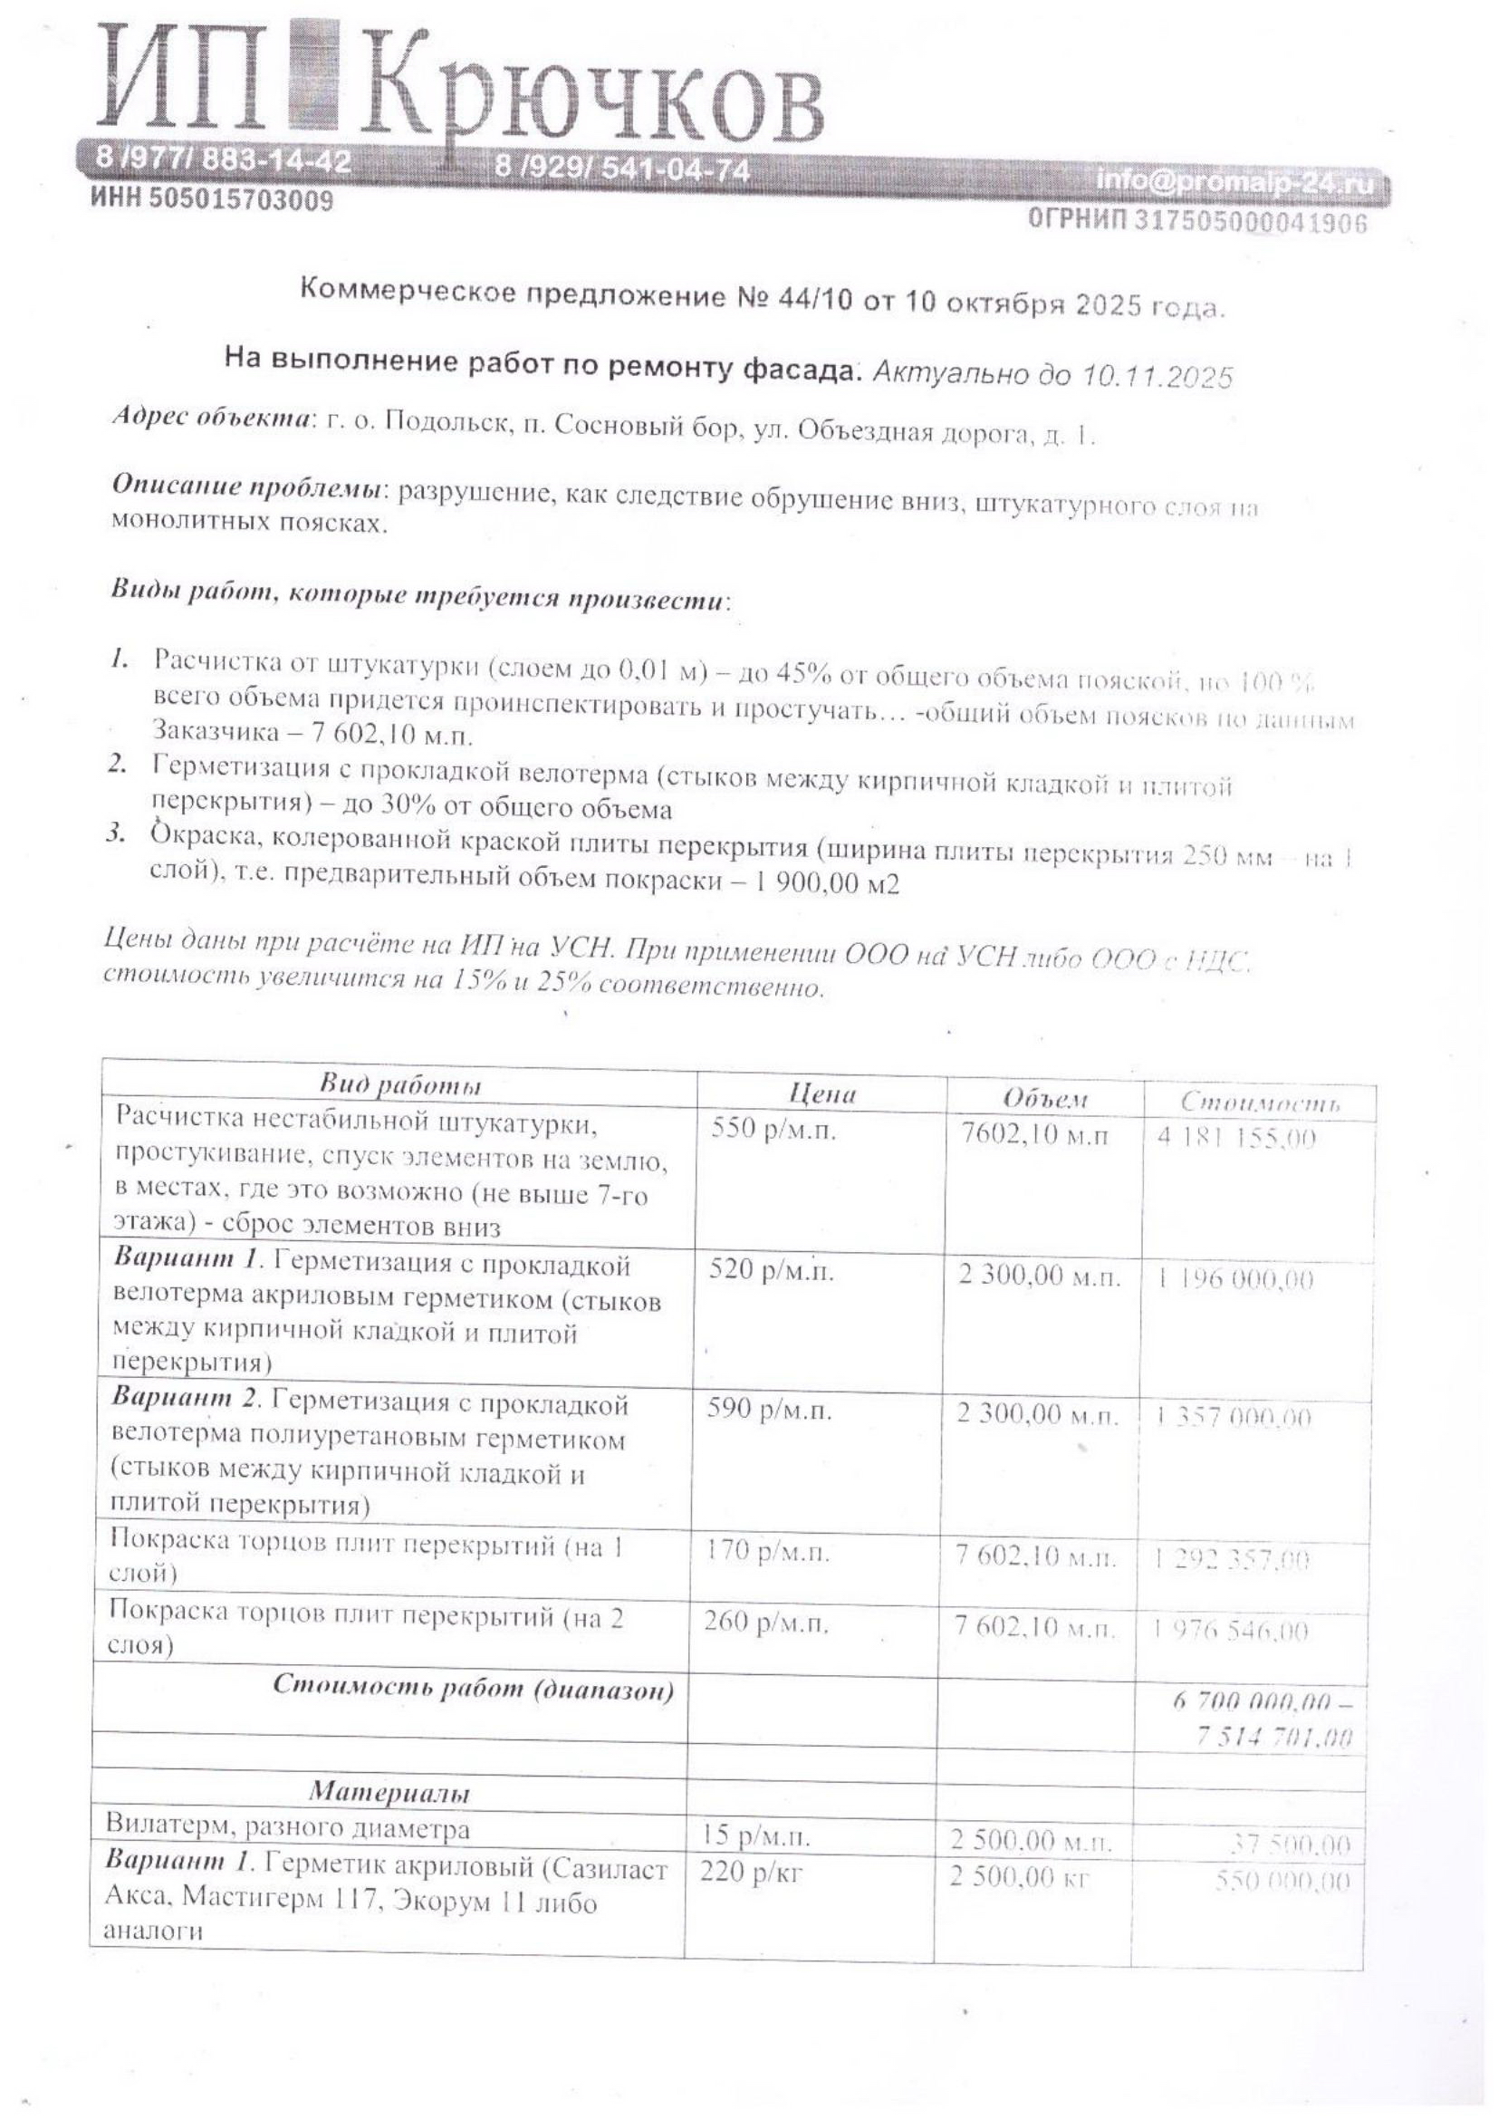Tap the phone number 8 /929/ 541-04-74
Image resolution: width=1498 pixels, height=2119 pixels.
621,168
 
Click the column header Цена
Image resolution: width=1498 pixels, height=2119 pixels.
821,1094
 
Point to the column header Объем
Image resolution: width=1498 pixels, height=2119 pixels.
1045,1098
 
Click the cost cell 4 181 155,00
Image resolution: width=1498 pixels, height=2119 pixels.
1236,1138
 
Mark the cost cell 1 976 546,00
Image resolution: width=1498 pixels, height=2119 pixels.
1231,1632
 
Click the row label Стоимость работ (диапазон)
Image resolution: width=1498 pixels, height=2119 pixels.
473,1688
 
